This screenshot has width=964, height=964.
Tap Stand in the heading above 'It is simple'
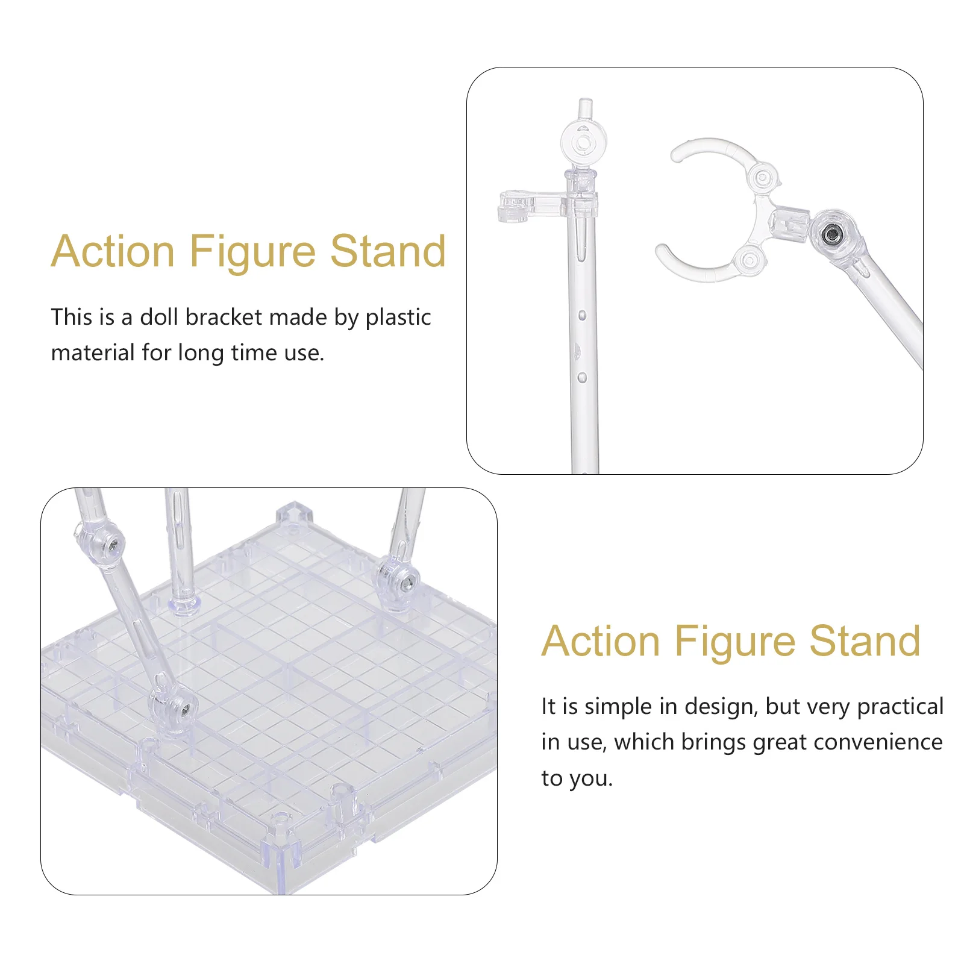click(865, 640)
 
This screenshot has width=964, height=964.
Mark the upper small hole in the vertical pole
click(582, 315)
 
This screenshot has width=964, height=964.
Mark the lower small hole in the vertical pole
click(582, 377)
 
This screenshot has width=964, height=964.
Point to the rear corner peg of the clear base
click(295, 516)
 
